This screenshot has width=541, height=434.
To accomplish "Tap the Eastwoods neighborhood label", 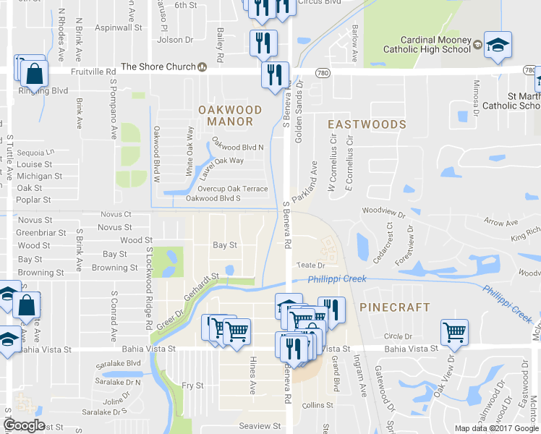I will (367, 124).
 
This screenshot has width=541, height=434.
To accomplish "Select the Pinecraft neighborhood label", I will (394, 307).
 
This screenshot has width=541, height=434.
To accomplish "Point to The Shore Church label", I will (158, 67).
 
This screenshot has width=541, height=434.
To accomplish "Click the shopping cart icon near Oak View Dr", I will (455, 332).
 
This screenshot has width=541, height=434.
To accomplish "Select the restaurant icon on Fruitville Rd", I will (274, 75).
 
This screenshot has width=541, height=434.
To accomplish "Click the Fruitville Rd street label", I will (94, 72).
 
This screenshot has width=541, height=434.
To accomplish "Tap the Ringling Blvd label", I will (43, 91).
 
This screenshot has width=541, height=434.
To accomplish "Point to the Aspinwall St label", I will (121, 27).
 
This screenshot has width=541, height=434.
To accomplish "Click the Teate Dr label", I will (307, 267).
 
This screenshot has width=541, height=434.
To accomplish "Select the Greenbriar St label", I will (41, 233).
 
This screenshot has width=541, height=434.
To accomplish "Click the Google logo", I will (24, 425).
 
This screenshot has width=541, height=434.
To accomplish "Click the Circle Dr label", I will (398, 336).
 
